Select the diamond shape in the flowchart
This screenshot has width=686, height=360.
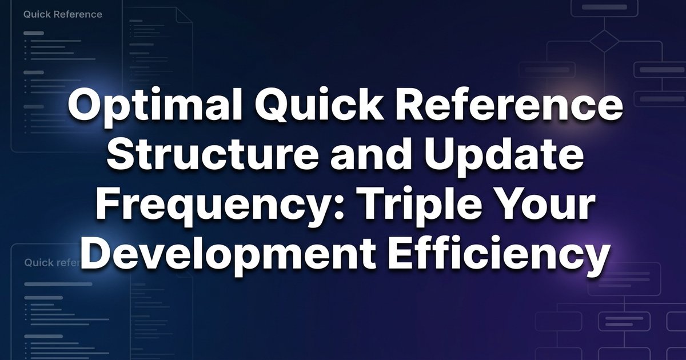coord(604,43)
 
